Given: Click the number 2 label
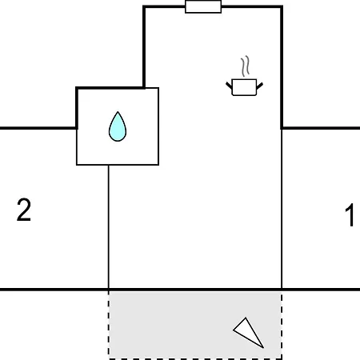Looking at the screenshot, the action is [x=24, y=210].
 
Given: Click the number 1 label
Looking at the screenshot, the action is [x=350, y=215].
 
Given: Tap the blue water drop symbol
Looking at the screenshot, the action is [x=118, y=126].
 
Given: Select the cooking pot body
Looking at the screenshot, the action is [x=244, y=87].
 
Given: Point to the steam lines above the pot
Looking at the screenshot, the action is [x=246, y=66].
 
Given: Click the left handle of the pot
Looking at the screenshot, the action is [x=229, y=86].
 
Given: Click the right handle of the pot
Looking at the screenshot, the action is [x=260, y=86].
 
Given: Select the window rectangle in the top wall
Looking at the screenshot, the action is [x=203, y=6].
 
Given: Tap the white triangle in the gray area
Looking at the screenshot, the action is [x=248, y=332].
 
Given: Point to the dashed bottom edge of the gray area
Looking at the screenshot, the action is [x=195, y=359].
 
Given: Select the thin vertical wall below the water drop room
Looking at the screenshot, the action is [x=109, y=226].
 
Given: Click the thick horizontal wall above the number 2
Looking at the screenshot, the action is [x=38, y=128].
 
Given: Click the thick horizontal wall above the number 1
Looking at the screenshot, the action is [x=321, y=128].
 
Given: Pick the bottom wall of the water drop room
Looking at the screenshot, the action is [x=118, y=165].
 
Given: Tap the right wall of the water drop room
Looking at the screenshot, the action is [x=158, y=126].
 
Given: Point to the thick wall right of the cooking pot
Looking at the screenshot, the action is [x=282, y=67].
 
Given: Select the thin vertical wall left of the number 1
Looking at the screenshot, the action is [x=282, y=209].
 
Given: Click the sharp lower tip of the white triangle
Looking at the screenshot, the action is [x=263, y=348].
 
